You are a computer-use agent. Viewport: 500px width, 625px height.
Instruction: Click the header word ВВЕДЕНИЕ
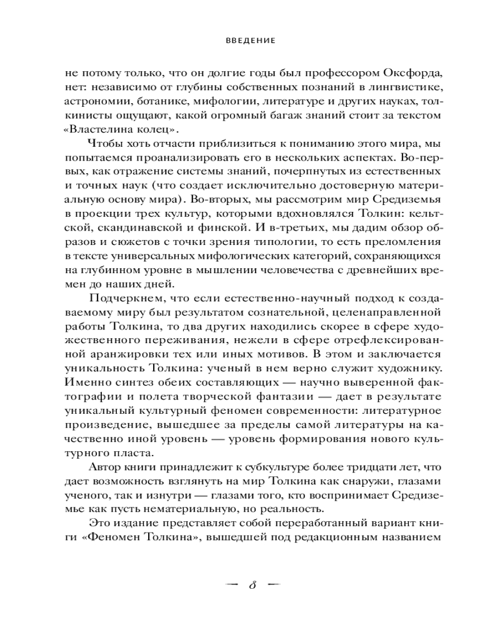coord(250,41)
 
